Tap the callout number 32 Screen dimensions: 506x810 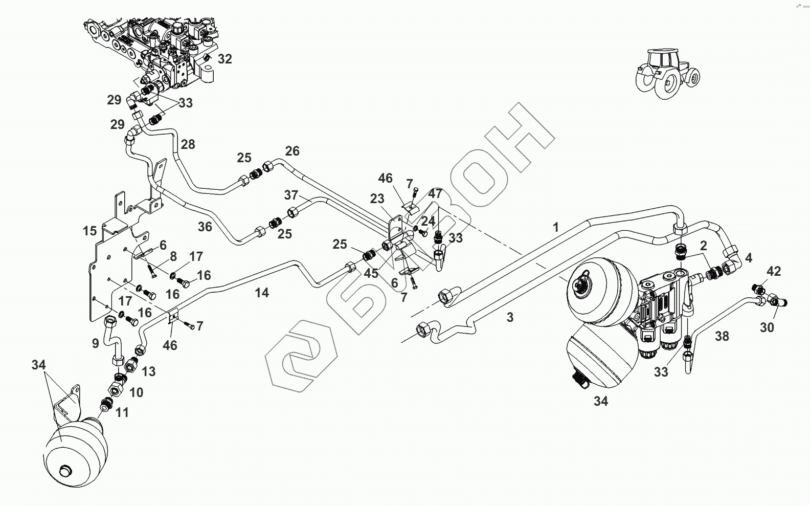pyautogui.click(x=224, y=59)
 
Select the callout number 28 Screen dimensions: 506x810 pyautogui.click(x=188, y=144)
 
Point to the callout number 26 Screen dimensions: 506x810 pyautogui.click(x=292, y=151)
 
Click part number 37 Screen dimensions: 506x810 pyautogui.click(x=291, y=195)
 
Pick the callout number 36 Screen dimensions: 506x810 pyautogui.click(x=205, y=226)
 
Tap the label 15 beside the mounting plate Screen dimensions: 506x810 pyautogui.click(x=89, y=231)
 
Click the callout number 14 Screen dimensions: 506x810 pyautogui.click(x=262, y=293)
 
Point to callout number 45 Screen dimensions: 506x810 pyautogui.click(x=371, y=273)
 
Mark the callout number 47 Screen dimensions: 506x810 pyautogui.click(x=435, y=193)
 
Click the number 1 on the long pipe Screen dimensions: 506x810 pyautogui.click(x=556, y=228)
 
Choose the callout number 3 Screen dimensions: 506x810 pyautogui.click(x=510, y=317)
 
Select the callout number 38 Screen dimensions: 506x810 pyautogui.click(x=722, y=336)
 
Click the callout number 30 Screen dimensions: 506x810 pyautogui.click(x=767, y=327)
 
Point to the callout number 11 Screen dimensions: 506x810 pyautogui.click(x=122, y=412)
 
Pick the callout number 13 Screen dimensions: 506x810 pyautogui.click(x=148, y=371)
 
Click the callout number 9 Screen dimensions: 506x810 pyautogui.click(x=96, y=344)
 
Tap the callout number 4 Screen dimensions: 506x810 pyautogui.click(x=749, y=258)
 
